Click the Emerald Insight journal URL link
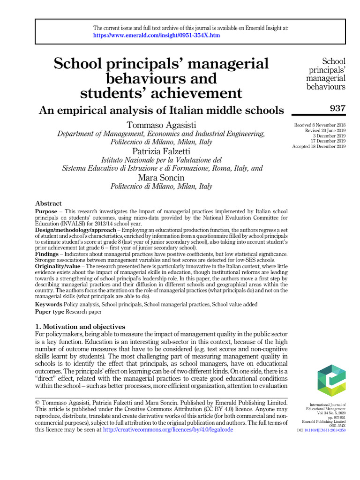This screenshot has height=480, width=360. click(157, 35)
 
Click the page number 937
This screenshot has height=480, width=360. click(337, 109)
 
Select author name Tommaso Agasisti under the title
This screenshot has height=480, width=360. click(161, 125)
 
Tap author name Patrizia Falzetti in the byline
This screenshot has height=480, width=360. click(161, 151)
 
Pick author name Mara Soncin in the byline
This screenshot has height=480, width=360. click(161, 178)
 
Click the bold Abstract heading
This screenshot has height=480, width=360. click(48, 203)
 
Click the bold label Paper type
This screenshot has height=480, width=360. click(50, 311)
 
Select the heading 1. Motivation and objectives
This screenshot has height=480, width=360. click(80, 326)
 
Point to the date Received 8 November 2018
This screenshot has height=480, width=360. click(320, 125)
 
